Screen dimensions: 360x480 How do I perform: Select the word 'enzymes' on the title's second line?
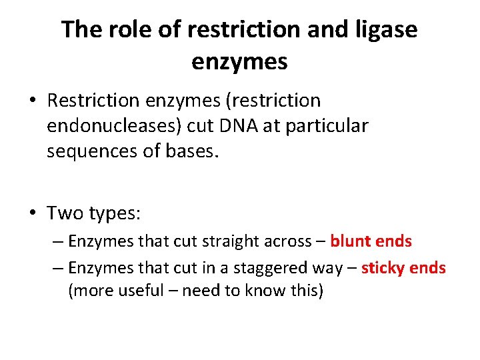point(239,61)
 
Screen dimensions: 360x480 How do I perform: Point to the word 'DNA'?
point(235,126)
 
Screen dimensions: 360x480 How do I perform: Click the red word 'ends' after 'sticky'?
point(428,268)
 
